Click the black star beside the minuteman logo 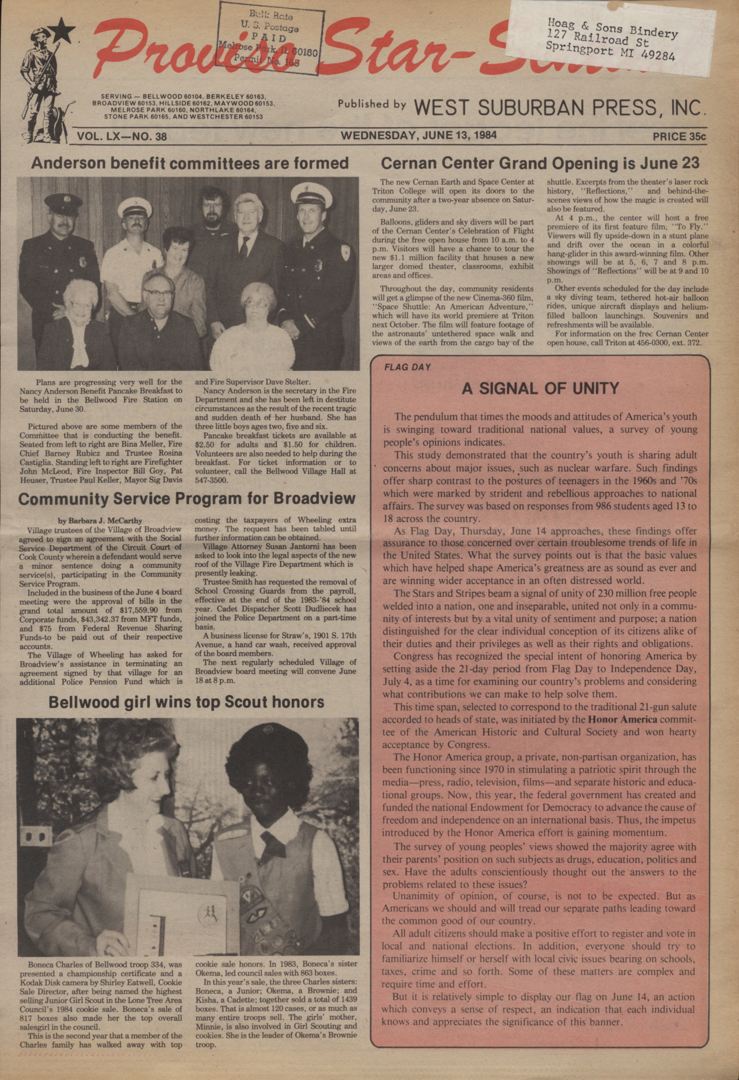point(64,31)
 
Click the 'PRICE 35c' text point(679,136)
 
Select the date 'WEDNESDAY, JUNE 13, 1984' point(419,135)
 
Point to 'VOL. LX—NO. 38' point(122,136)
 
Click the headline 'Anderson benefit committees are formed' point(189,163)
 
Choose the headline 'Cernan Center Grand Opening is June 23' point(540,163)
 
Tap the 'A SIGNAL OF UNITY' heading point(540,388)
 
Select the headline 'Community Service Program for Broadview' point(187,499)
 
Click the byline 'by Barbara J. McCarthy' point(100,520)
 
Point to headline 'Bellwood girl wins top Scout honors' point(186,702)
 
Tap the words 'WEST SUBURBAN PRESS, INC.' point(558,108)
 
